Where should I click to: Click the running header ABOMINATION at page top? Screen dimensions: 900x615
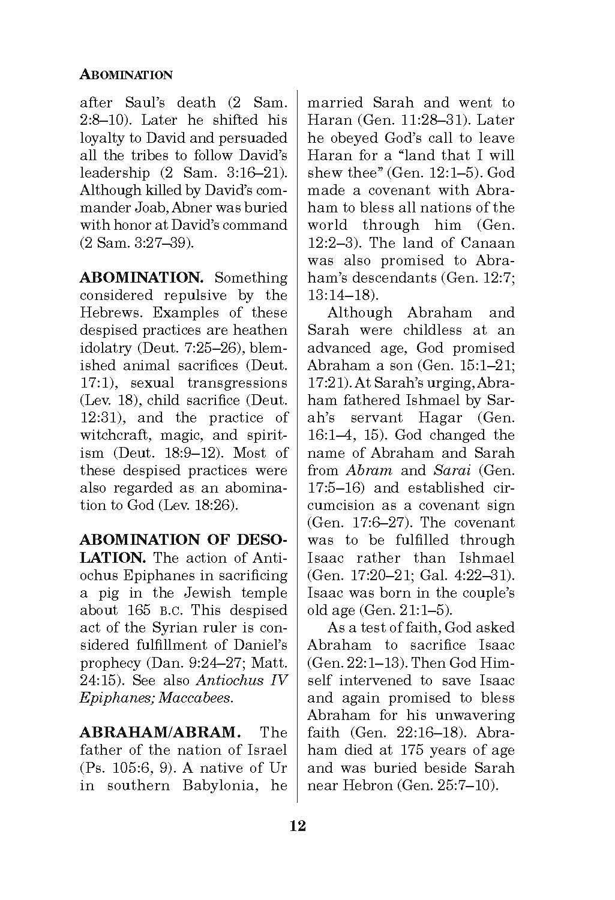pyautogui.click(x=126, y=75)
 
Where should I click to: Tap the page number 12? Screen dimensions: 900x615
pyautogui.click(x=298, y=826)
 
